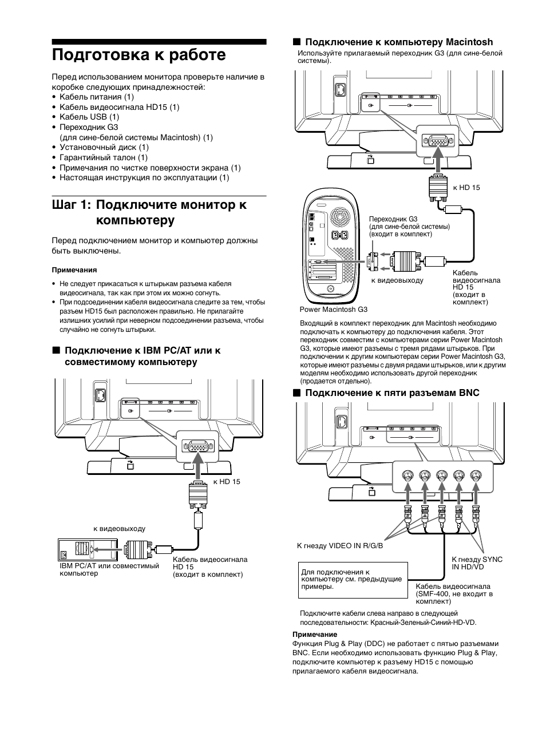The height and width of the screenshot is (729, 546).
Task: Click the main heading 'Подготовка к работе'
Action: (x=139, y=55)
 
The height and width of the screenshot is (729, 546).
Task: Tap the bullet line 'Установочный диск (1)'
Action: (x=104, y=147)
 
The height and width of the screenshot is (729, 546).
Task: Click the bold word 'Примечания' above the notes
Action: (x=74, y=270)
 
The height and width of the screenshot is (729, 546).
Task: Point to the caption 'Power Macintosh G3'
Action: (x=333, y=310)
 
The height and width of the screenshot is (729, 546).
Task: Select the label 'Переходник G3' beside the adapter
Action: (x=393, y=219)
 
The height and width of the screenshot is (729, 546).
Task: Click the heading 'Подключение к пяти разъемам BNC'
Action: (x=391, y=393)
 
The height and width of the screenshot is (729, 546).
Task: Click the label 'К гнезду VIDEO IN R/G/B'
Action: (x=340, y=545)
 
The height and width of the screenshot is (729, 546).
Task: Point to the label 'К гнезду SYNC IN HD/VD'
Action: (x=477, y=563)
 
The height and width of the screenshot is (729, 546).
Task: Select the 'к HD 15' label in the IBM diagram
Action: (x=227, y=482)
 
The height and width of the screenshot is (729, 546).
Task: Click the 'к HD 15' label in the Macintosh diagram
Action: (x=466, y=188)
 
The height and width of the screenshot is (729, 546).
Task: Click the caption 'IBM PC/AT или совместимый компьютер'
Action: (x=109, y=569)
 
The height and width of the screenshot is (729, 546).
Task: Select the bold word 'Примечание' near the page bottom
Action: (x=315, y=634)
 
